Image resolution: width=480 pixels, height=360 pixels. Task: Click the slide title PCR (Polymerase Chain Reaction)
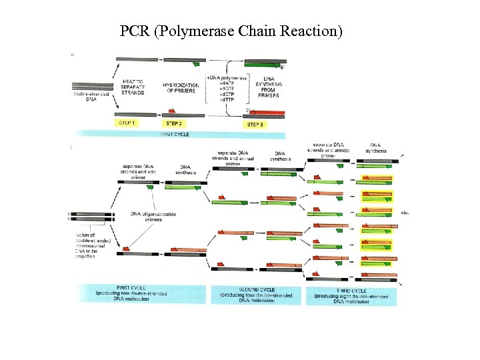click(231, 31)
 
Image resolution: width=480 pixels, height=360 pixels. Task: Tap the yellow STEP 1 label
click(127, 123)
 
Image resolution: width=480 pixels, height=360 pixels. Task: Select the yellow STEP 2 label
click(174, 123)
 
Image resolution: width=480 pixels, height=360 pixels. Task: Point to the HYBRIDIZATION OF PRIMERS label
click(179, 87)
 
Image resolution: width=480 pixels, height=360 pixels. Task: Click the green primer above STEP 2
click(195, 63)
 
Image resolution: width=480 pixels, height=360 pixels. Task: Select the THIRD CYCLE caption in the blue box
click(351, 294)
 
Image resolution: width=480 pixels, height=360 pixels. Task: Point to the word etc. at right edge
click(405, 213)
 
